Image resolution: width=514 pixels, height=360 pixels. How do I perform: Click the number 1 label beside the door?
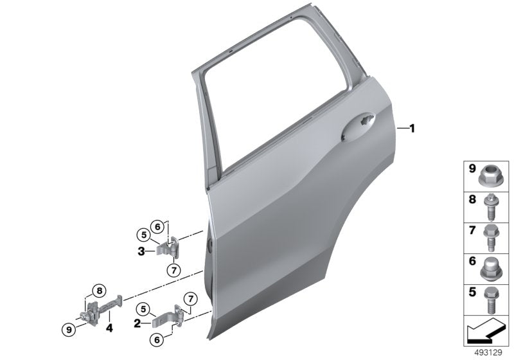412,129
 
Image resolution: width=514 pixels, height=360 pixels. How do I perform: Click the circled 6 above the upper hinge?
157,225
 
